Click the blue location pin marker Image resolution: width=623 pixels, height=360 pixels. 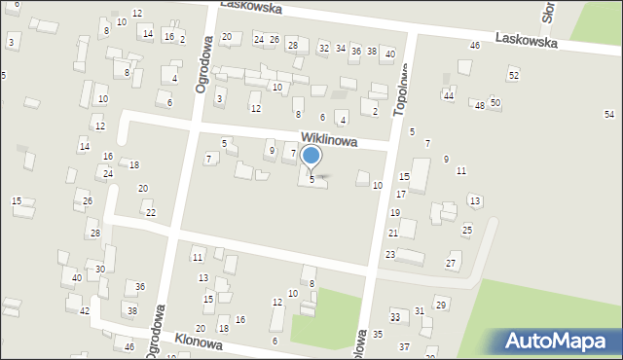pos(311,156)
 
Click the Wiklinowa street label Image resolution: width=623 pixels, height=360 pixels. pos(328,141)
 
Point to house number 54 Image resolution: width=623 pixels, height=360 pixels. pos(609,115)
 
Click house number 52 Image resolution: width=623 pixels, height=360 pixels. pos(513,75)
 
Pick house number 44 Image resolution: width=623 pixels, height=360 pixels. pos(448,95)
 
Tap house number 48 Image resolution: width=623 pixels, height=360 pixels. pos(479,105)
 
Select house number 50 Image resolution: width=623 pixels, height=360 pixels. pos(495,102)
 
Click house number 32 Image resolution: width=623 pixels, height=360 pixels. pos(323,48)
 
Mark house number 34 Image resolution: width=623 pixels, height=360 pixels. pos(340,48)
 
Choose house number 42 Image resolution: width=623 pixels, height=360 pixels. pos(85,310)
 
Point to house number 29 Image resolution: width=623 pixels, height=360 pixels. pos(440,306)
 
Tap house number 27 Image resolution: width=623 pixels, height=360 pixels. pos(451,264)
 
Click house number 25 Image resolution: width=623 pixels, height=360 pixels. pos(467,230)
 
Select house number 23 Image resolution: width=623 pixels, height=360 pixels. pos(389,254)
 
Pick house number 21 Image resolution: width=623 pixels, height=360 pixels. pos(393,234)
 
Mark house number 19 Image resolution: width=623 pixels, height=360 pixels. pos(395,212)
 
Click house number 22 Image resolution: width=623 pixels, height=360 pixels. pos(150,212)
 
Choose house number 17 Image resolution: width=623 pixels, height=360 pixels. pos(400,195)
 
